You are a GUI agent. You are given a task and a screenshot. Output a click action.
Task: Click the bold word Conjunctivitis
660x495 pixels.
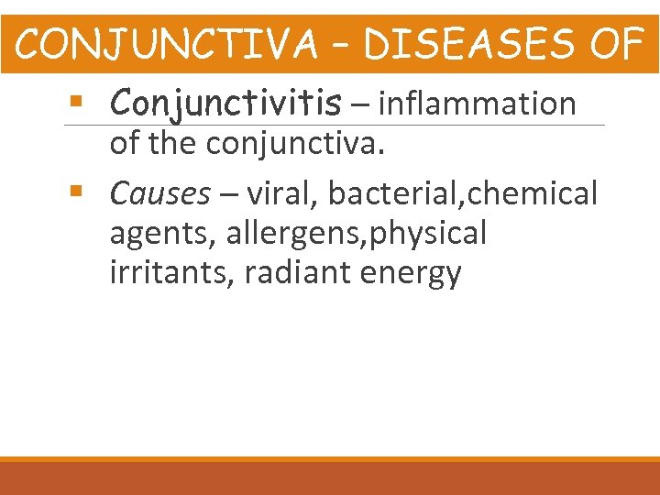(x=224, y=105)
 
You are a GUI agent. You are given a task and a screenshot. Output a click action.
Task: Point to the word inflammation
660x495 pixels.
(x=477, y=105)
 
